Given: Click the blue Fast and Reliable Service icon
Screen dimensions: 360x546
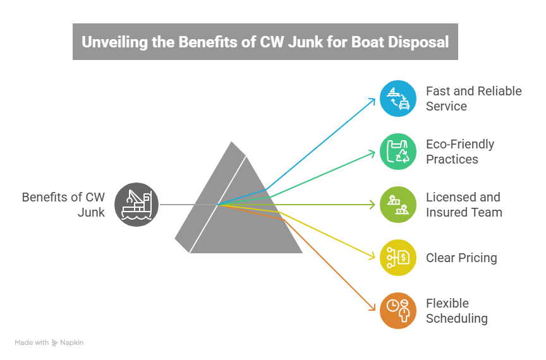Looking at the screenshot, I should [397, 99].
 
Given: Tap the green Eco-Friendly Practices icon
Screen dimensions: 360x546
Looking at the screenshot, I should [397, 152].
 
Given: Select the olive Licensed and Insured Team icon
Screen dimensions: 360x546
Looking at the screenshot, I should [397, 205].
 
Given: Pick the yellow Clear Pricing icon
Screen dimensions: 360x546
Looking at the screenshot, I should [397, 258].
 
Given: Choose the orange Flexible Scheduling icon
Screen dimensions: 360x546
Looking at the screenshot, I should [397, 311].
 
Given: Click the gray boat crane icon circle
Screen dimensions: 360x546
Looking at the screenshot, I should [136, 205].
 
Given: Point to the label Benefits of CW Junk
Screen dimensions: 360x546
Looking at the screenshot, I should [63, 205].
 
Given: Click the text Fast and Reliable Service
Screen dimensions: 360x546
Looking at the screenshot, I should [473, 99].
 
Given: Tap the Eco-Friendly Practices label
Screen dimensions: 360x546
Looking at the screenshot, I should [460, 152].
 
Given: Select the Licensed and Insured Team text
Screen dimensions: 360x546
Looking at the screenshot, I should [464, 205].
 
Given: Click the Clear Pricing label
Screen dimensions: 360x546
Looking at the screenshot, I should [461, 258].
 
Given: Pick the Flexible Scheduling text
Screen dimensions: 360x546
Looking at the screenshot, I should [456, 311].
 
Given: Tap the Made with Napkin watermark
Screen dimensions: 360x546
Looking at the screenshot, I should [49, 343].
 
